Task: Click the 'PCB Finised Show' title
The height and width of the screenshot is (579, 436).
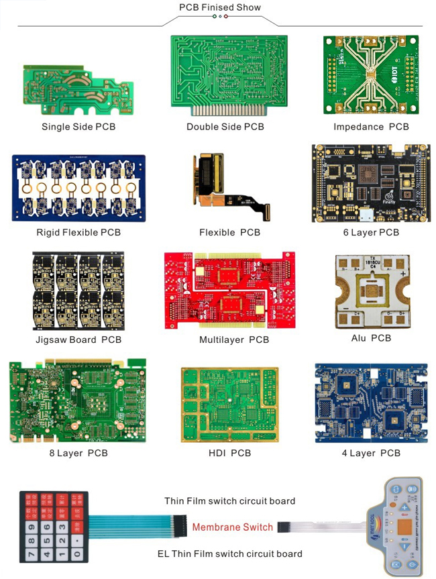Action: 219,7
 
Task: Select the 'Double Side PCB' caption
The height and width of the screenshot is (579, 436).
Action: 225,127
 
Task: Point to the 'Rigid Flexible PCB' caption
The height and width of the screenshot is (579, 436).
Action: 78,233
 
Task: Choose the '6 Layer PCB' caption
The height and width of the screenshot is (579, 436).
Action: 370,233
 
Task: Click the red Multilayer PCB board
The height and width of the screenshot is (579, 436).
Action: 230,290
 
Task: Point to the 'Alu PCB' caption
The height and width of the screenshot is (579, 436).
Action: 371,338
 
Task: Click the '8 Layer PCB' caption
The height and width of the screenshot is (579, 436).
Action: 78,454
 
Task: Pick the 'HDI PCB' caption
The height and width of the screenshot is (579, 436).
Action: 229,454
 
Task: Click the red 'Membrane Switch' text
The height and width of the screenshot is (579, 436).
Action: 233,527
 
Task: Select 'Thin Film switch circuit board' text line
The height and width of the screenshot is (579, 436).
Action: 230,501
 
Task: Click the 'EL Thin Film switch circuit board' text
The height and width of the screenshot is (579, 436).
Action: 229,554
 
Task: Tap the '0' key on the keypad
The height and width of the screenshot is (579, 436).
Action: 78,554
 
